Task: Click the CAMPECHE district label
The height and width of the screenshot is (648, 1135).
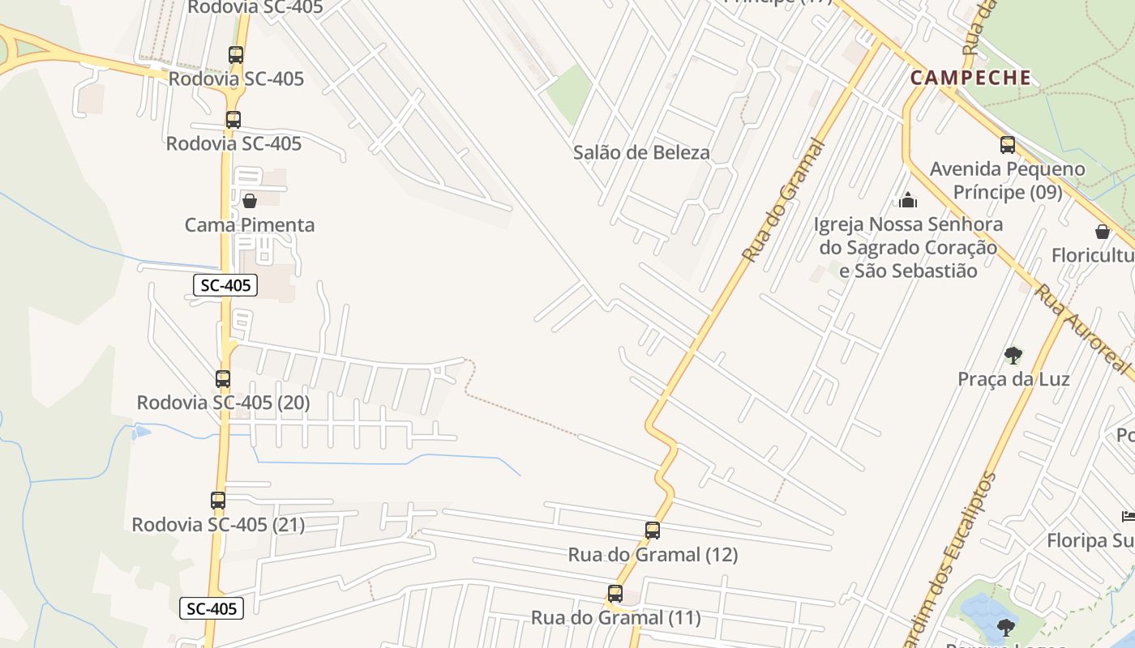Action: click(970, 78)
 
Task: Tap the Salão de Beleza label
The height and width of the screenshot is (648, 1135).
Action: click(641, 152)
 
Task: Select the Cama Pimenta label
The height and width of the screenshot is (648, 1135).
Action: click(250, 225)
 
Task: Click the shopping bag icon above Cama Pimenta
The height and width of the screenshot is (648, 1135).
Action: click(250, 201)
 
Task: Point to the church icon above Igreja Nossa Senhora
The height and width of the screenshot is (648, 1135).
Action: click(908, 199)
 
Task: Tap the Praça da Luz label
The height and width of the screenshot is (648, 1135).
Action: click(1013, 379)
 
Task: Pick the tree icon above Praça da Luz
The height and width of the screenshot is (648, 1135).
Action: click(1013, 355)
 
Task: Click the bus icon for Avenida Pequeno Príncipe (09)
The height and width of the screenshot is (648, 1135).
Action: click(1008, 145)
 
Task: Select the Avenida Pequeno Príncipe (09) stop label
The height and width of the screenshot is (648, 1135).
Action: click(1008, 181)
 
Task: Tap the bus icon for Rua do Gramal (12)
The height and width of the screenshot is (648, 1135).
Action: click(653, 531)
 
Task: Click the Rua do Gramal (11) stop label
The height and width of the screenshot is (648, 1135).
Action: click(616, 618)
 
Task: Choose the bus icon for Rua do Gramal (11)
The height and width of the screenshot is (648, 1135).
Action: click(615, 594)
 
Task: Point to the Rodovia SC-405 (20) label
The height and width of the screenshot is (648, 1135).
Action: click(223, 403)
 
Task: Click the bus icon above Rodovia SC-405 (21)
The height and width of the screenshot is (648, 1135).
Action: click(218, 501)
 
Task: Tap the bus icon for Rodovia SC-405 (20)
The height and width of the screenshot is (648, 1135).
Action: click(223, 378)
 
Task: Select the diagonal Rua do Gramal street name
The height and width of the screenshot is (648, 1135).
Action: click(784, 201)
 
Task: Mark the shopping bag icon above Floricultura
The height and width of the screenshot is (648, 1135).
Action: click(1103, 232)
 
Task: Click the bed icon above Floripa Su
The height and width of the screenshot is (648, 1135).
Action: click(1128, 516)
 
